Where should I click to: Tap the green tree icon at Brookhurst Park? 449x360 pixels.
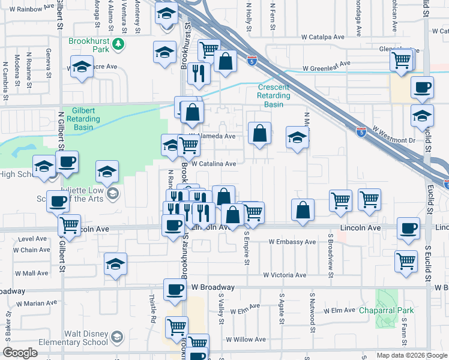[119, 43]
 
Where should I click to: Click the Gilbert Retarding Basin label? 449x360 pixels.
[91, 119]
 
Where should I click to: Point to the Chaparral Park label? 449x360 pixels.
[388, 311]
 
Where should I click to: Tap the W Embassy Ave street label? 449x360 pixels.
[292, 242]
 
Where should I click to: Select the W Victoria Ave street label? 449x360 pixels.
[285, 275]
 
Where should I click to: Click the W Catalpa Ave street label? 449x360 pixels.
[323, 37]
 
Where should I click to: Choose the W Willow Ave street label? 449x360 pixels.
[247, 340]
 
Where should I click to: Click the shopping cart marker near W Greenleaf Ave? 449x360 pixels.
[400, 60]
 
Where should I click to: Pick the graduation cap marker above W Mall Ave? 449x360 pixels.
[115, 265]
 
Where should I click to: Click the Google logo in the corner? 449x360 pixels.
[20, 353]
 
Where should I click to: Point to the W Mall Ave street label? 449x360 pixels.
[31, 273]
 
